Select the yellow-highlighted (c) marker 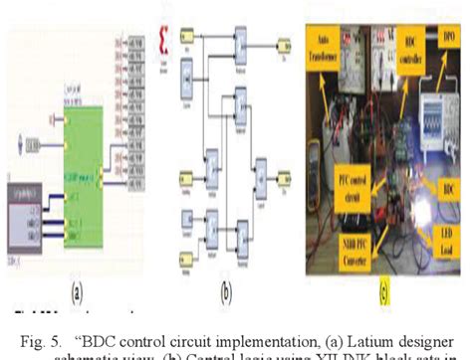coord(383,293)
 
